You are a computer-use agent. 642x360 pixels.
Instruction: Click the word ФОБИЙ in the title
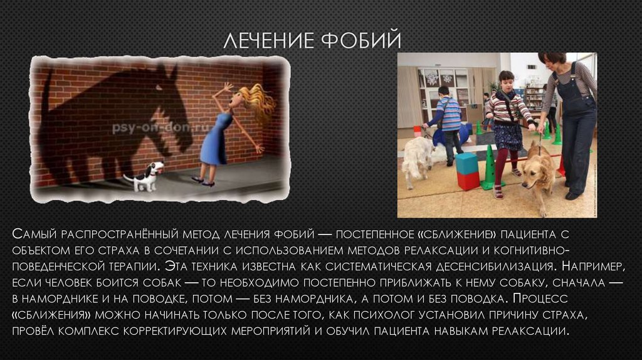tap(360, 41)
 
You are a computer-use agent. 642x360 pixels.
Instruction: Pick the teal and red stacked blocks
tap(468, 171)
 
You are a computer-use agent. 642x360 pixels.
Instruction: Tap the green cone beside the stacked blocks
tap(488, 168)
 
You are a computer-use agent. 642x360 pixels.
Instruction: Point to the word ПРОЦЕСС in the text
tap(540, 299)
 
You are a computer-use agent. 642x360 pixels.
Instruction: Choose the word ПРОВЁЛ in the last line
tap(34, 331)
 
